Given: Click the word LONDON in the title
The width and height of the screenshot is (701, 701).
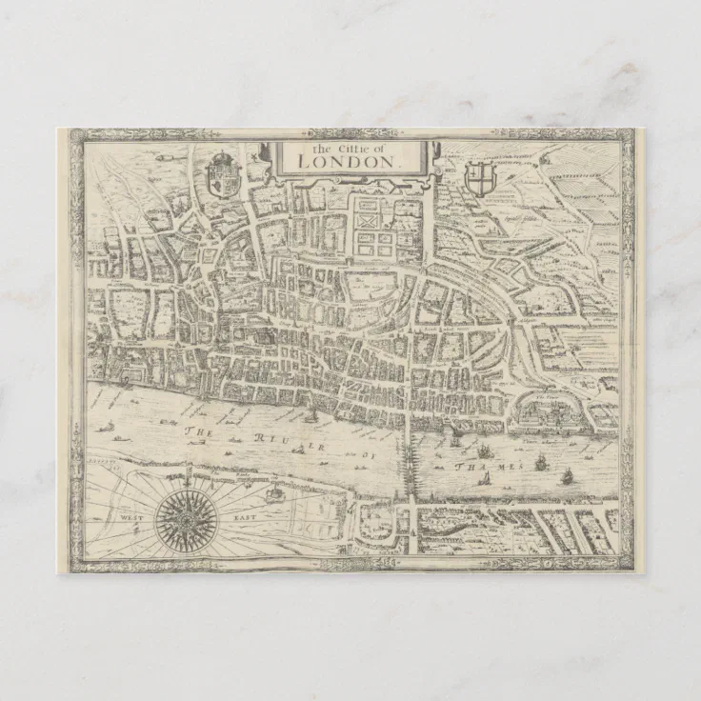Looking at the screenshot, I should [x=344, y=161].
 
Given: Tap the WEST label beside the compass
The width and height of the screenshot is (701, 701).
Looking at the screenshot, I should [x=130, y=518].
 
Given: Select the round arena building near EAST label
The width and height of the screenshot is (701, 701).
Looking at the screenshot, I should [x=273, y=495].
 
